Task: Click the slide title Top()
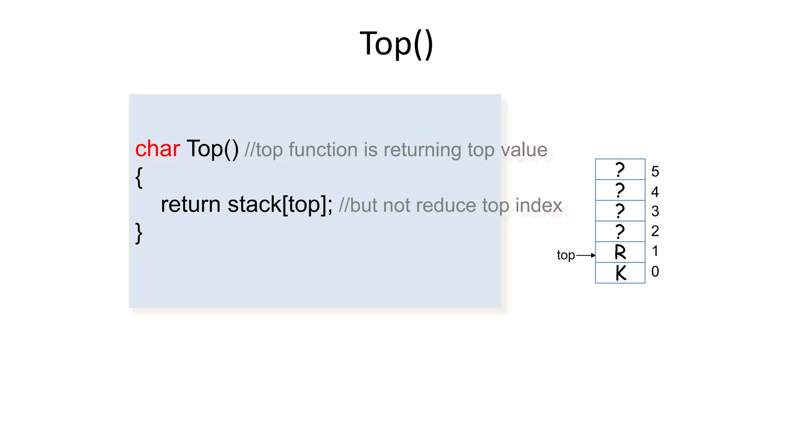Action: [x=396, y=44]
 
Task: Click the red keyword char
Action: [x=157, y=149]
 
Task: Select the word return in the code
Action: [x=190, y=204]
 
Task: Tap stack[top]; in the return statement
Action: [x=280, y=204]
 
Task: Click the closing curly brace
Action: [x=139, y=233]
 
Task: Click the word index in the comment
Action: [x=539, y=205]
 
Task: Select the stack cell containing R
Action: [x=620, y=252]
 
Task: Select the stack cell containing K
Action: [x=620, y=273]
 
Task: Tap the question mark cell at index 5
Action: [x=620, y=170]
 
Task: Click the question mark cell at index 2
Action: [x=620, y=232]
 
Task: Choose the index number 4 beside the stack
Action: [x=655, y=192]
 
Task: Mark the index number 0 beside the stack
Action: [x=655, y=272]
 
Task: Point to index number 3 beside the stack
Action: [x=655, y=211]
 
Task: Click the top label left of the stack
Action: [x=566, y=255]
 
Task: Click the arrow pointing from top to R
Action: [x=586, y=255]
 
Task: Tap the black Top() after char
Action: [x=212, y=149]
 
